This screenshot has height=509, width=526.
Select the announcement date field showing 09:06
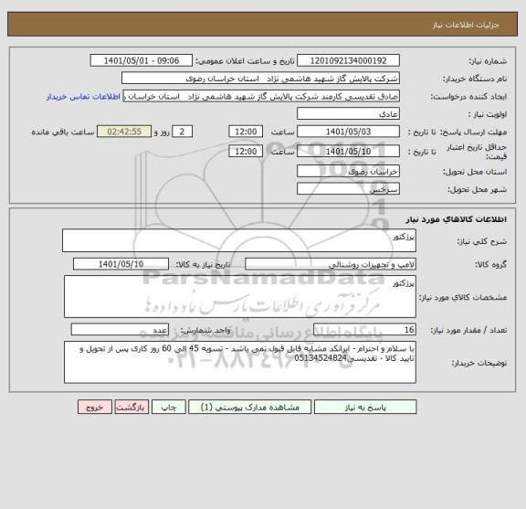142,60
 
